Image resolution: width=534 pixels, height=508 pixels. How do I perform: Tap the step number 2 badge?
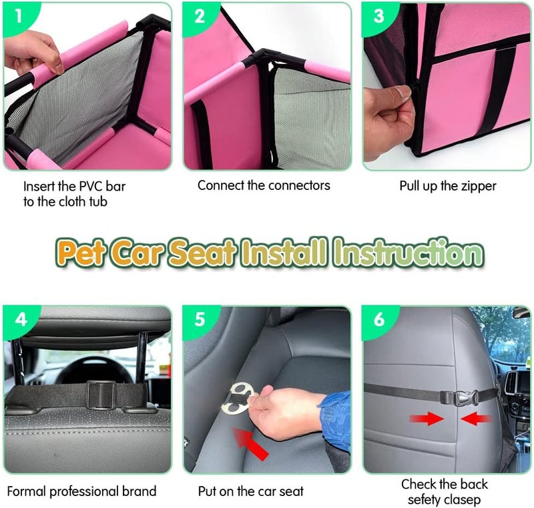coord(199,17)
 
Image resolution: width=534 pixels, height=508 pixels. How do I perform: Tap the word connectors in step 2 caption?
coord(299,185)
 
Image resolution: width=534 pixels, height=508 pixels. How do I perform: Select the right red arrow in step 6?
coord(475,419)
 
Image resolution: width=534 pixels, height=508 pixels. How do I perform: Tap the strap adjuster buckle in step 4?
coord(101,394)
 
